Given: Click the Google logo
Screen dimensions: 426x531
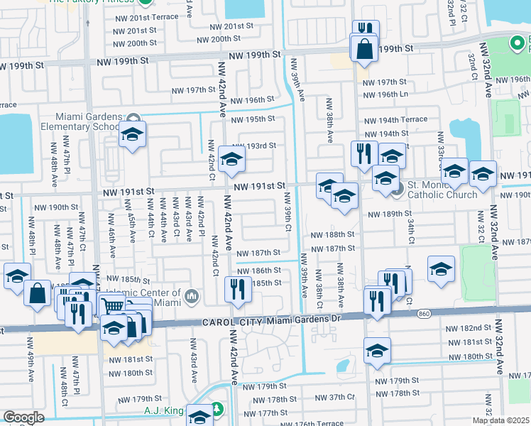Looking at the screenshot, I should [x=23, y=417].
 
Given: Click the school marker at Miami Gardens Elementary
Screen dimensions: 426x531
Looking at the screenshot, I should [x=132, y=134].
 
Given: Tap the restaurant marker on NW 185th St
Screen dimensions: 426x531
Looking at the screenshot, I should [x=237, y=289].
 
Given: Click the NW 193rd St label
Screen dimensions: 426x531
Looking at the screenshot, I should [x=253, y=146].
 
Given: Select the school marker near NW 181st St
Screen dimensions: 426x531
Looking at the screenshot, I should [x=377, y=351].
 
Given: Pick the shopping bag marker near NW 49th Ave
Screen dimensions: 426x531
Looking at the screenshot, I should [x=36, y=292].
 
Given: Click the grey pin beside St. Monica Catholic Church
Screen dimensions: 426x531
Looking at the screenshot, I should [x=398, y=189].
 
